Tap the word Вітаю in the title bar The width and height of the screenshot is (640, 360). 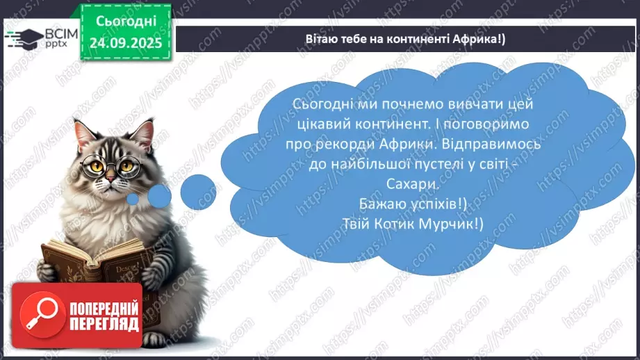(320, 38)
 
